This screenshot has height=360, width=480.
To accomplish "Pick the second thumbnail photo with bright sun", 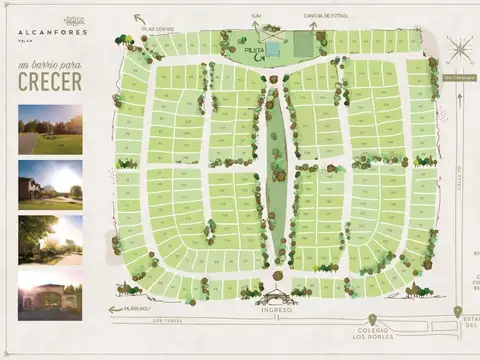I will (50, 184).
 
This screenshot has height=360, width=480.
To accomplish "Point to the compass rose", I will (460, 49).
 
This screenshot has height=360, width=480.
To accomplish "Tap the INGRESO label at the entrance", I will (277, 310).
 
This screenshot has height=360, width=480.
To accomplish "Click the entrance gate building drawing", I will (277, 295).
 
